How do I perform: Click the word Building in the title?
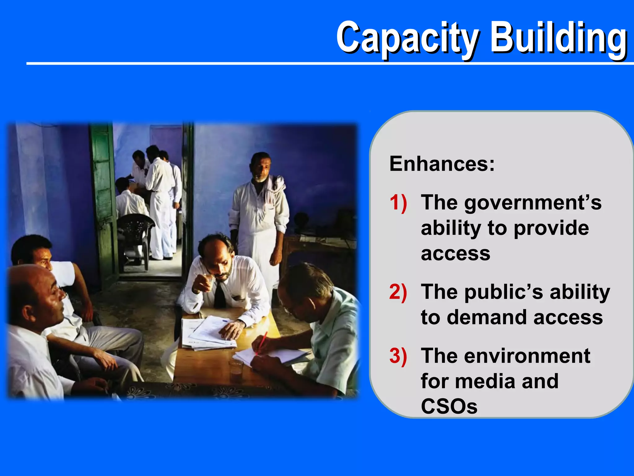[559, 39]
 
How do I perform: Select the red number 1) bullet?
[398, 203]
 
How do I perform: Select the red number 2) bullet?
[398, 292]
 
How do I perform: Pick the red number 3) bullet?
[398, 356]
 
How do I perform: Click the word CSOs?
[449, 406]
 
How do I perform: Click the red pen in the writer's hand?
[262, 342]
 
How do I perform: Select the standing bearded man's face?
[261, 169]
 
